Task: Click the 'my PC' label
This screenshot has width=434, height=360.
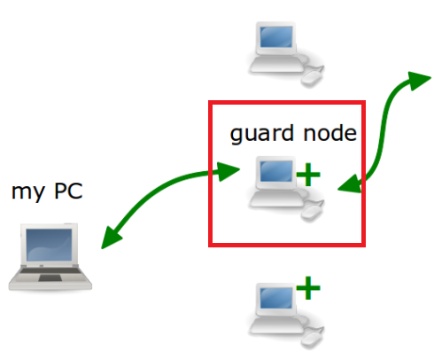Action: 46,191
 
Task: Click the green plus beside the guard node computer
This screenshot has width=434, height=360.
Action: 306,175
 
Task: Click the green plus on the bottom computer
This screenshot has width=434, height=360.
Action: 306,288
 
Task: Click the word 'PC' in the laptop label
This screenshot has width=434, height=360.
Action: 68,191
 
